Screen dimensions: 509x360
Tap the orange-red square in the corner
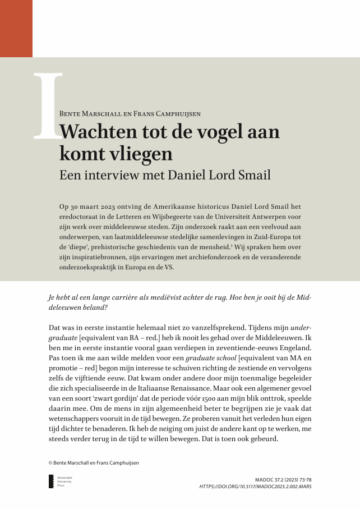tap(16, 28)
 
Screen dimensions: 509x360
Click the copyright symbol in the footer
tap(50, 463)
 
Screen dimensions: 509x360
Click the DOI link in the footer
tap(255, 487)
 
